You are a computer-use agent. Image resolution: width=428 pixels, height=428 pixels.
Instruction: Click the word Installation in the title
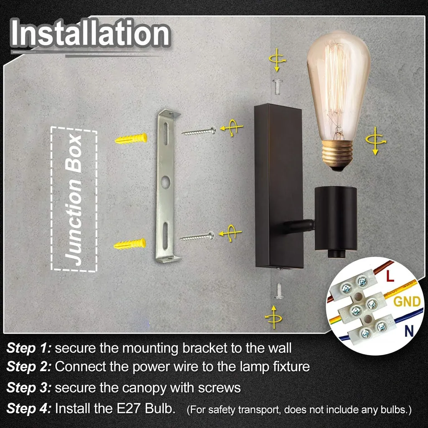pyautogui.click(x=90, y=33)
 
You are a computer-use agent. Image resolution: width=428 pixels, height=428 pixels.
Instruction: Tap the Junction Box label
pyautogui.click(x=74, y=199)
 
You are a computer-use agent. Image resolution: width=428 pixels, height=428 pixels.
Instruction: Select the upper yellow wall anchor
pyautogui.click(x=131, y=139)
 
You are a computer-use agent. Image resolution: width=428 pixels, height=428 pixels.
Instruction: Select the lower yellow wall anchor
pyautogui.click(x=130, y=244)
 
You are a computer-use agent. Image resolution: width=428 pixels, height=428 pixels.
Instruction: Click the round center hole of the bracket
pyautogui.click(x=166, y=182)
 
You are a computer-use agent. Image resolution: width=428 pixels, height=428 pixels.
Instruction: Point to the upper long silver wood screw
pyautogui.click(x=199, y=131)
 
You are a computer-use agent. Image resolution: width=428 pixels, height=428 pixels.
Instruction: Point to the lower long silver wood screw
pyautogui.click(x=197, y=237)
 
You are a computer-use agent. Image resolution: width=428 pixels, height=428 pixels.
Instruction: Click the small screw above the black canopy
pyautogui.click(x=278, y=87)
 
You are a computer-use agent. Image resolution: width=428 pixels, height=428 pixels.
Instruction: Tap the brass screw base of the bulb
pyautogui.click(x=338, y=155)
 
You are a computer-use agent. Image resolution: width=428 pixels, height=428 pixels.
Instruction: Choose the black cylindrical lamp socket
pyautogui.click(x=336, y=220)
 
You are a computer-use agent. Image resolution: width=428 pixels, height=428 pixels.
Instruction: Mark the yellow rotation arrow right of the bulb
pyautogui.click(x=376, y=141)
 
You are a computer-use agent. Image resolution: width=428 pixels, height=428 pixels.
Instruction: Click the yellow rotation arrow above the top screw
pyautogui.click(x=278, y=60)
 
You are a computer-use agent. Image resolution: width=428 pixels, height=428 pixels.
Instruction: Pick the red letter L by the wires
pyautogui.click(x=390, y=276)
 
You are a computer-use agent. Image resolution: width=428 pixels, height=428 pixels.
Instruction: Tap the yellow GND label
pyautogui.click(x=407, y=301)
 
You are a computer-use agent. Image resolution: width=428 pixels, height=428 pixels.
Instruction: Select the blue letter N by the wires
pyautogui.click(x=409, y=331)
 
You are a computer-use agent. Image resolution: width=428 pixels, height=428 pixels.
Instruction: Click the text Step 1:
pyautogui.click(x=29, y=349)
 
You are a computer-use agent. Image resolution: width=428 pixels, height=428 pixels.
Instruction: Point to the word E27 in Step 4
pyautogui.click(x=129, y=409)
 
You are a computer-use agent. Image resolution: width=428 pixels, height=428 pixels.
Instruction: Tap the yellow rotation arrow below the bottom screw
pyautogui.click(x=273, y=318)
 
